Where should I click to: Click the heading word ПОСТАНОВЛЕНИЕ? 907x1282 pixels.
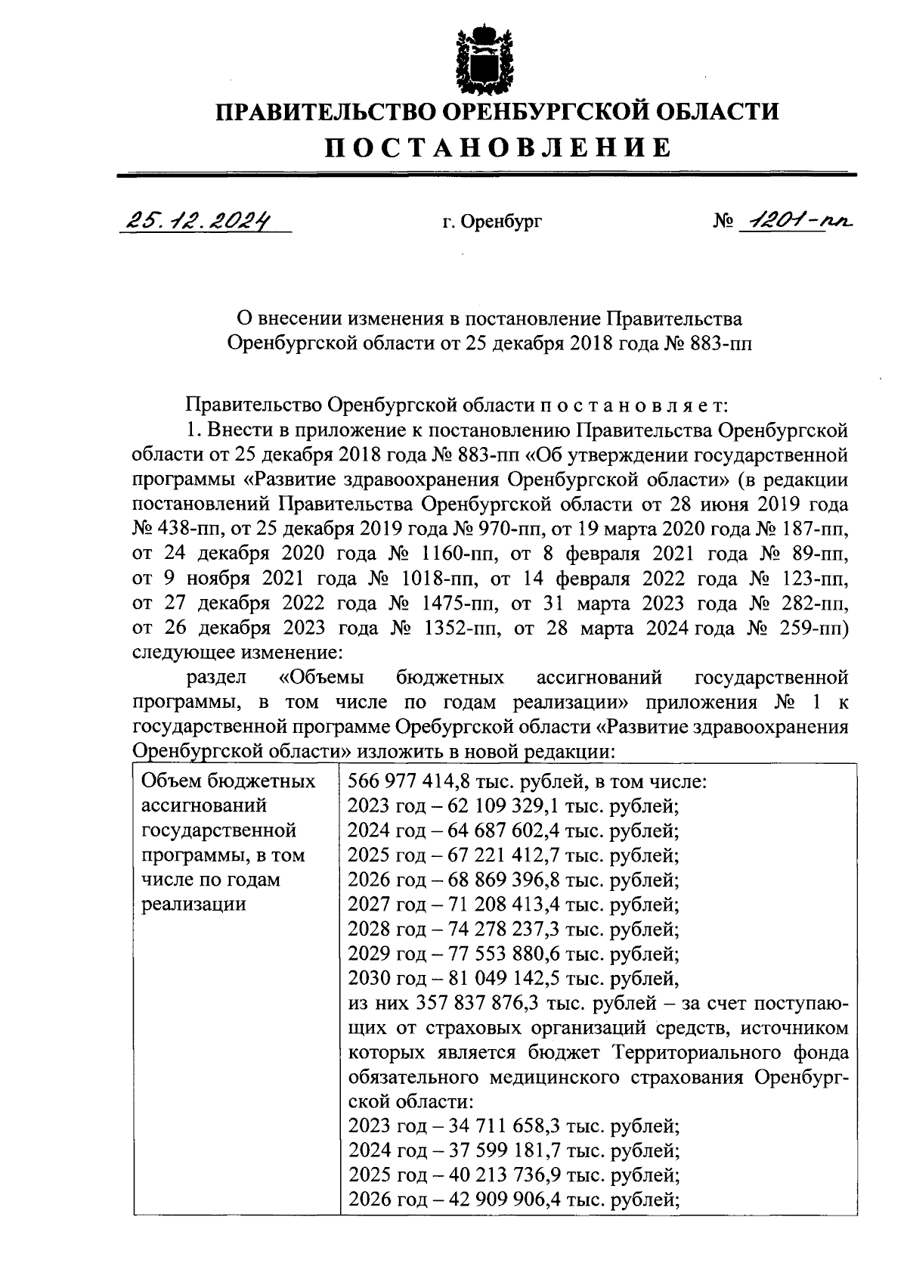click(498, 147)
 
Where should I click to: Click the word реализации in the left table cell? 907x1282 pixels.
click(193, 904)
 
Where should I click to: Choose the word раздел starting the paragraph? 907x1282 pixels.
click(214, 677)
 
